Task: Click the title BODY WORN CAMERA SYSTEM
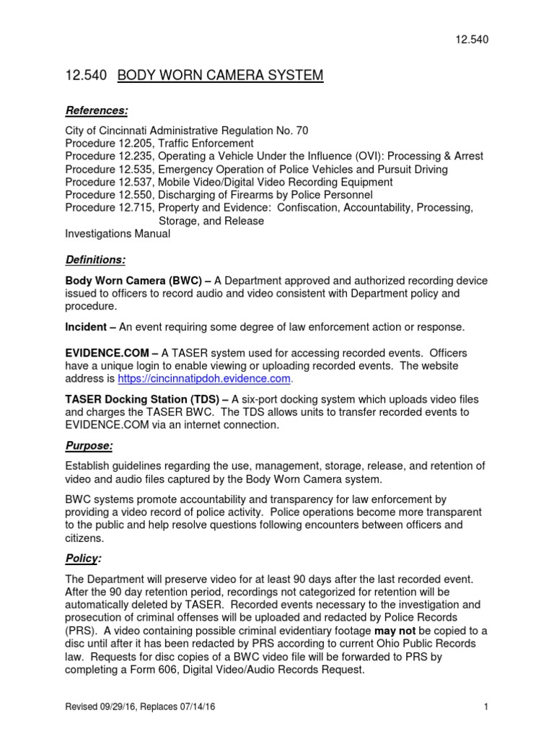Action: click(x=221, y=75)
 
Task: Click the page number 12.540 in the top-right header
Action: click(x=472, y=40)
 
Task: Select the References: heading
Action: click(x=97, y=110)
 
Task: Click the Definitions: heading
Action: click(x=95, y=259)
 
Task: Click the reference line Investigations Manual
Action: click(x=118, y=234)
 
